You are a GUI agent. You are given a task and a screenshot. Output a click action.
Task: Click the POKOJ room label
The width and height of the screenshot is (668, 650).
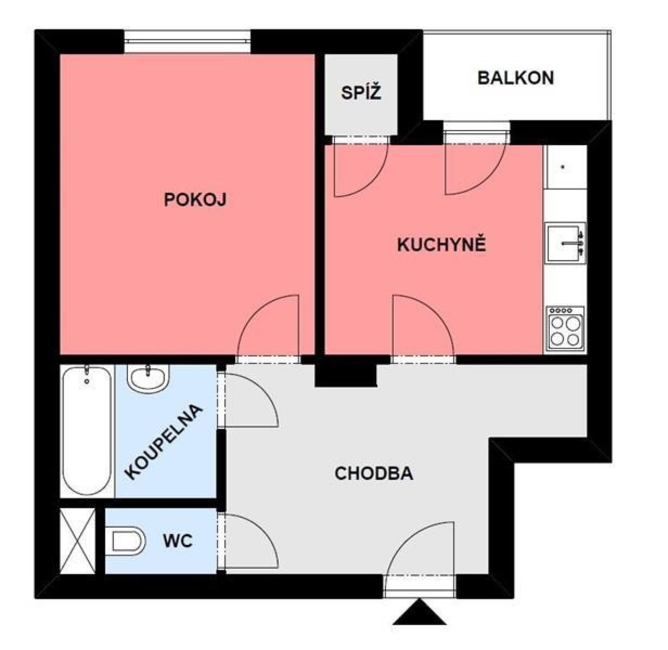(195, 200)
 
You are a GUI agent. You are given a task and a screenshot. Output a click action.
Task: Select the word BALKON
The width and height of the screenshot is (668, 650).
(516, 78)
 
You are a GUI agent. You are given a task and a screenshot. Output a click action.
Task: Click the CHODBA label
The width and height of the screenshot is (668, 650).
(374, 473)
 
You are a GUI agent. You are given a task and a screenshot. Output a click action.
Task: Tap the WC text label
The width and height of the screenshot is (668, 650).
(178, 541)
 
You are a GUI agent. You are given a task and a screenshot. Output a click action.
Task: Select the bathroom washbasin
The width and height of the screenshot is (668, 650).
(148, 379)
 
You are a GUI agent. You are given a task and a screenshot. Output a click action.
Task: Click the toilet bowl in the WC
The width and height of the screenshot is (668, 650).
(128, 541)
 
